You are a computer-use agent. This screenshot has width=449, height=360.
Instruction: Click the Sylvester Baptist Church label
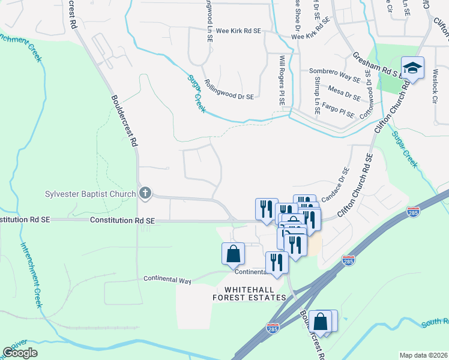pos(90,194)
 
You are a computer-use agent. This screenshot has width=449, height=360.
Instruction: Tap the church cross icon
pos(144,193)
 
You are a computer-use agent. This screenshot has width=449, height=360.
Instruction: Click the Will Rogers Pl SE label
pos(282,80)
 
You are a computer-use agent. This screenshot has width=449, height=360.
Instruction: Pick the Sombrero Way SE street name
pos(335,75)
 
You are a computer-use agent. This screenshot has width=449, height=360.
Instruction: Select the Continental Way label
pos(167,280)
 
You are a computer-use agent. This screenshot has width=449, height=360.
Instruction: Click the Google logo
pos(20,353)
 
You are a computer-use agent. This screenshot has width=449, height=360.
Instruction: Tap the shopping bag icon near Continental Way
pos(233,253)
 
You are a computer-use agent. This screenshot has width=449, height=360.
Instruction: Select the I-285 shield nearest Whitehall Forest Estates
pos(272,328)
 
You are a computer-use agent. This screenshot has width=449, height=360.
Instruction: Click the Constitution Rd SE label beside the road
pos(122,221)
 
